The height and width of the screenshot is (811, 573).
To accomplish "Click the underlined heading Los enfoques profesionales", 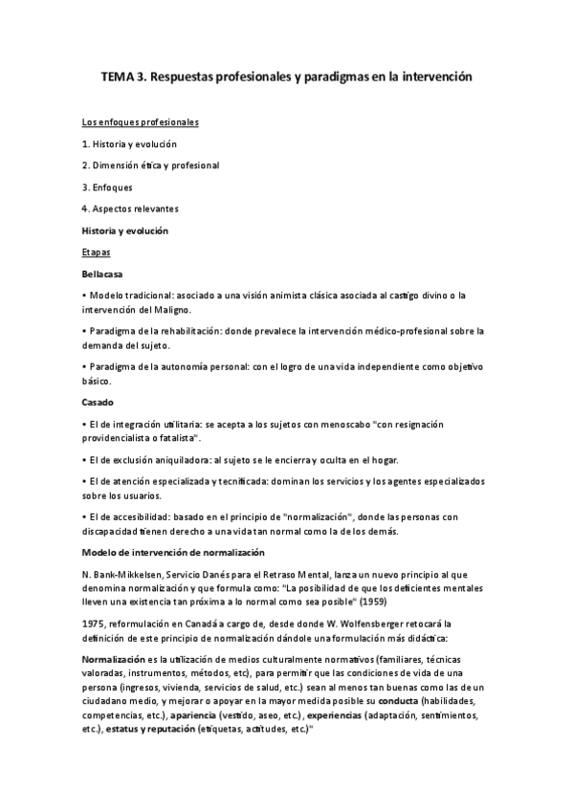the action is [x=140, y=123].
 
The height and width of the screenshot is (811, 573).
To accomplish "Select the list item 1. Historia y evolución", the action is [x=129, y=144].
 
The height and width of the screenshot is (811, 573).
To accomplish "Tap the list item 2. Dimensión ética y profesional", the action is [x=150, y=165].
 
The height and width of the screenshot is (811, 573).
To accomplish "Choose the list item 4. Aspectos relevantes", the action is [x=130, y=208].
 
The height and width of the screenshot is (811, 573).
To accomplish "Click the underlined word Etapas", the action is [x=96, y=252].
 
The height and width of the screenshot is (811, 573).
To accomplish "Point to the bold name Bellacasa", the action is [x=103, y=274].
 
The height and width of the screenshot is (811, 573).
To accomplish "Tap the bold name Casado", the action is [x=98, y=402].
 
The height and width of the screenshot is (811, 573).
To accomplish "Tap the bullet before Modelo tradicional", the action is [x=84, y=296].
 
